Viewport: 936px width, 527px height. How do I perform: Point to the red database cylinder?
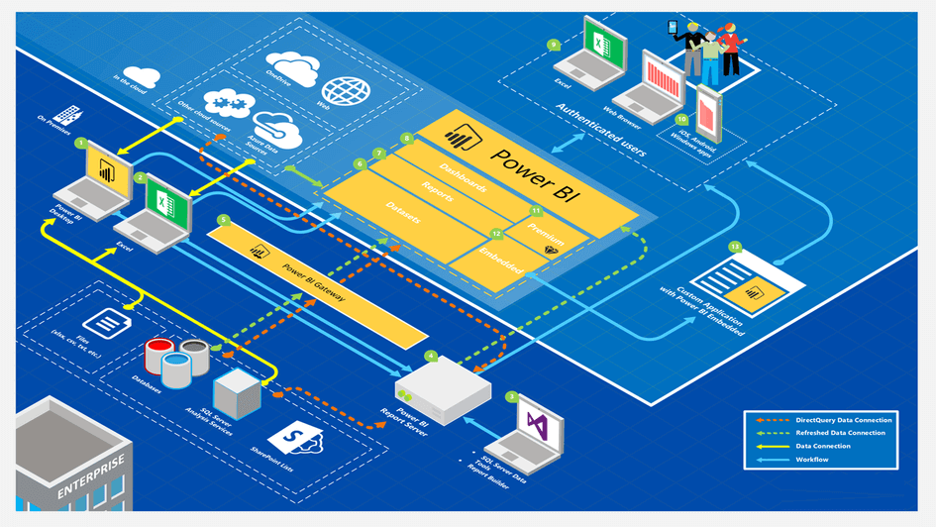tap(159, 352)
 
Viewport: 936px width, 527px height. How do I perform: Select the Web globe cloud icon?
tap(346, 90)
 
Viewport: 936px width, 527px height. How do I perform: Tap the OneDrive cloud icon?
tap(293, 67)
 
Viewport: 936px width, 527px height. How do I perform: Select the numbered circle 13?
tap(734, 244)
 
